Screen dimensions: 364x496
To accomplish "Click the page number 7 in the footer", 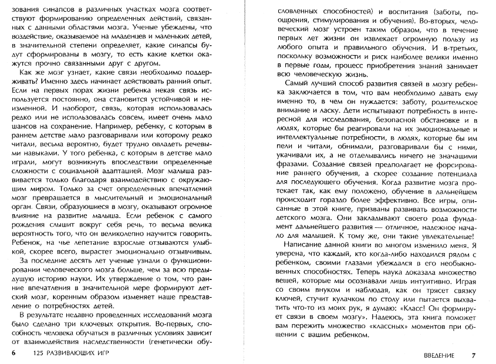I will [474, 355].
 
